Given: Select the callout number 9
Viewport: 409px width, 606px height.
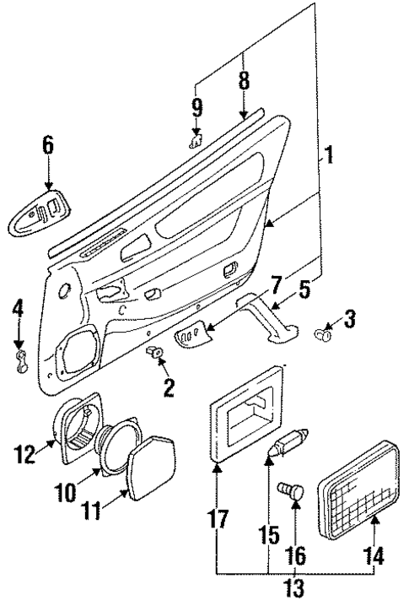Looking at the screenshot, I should pos(196,108).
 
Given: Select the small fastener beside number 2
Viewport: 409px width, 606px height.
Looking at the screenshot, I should pos(153,350).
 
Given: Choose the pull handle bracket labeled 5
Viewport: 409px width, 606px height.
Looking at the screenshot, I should pos(271,320).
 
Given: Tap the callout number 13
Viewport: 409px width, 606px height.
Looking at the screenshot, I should pos(295,588).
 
